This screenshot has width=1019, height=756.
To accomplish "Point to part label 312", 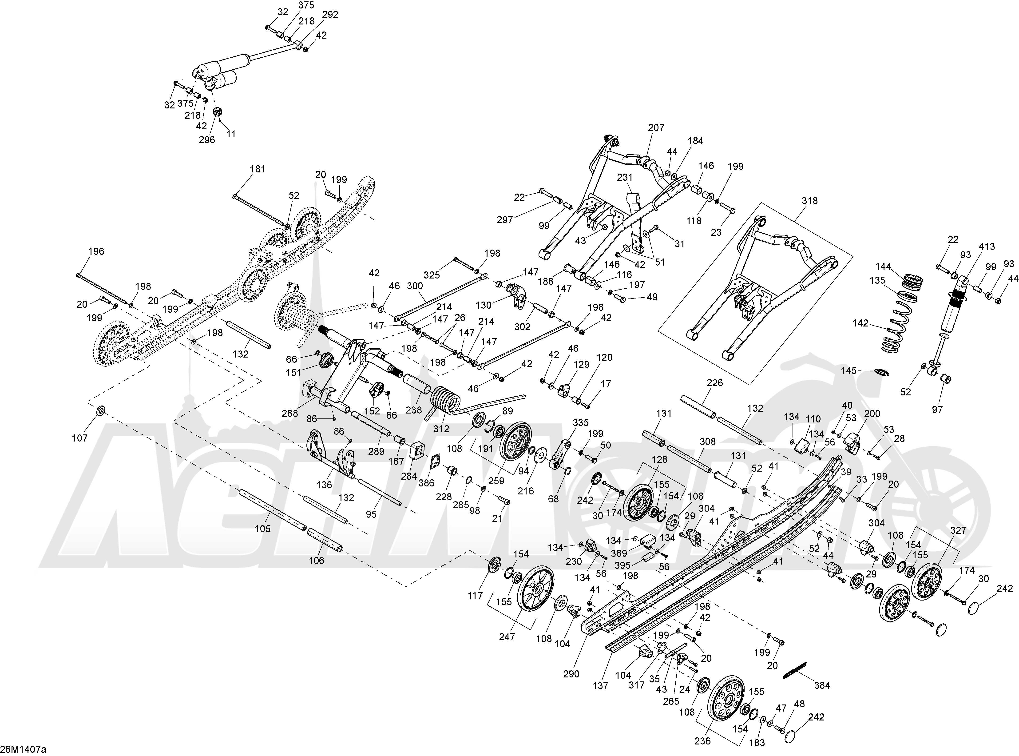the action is click(x=441, y=429).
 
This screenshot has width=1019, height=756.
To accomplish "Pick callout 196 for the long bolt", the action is click(x=96, y=251).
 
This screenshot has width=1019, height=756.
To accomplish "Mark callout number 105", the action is click(x=263, y=529).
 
